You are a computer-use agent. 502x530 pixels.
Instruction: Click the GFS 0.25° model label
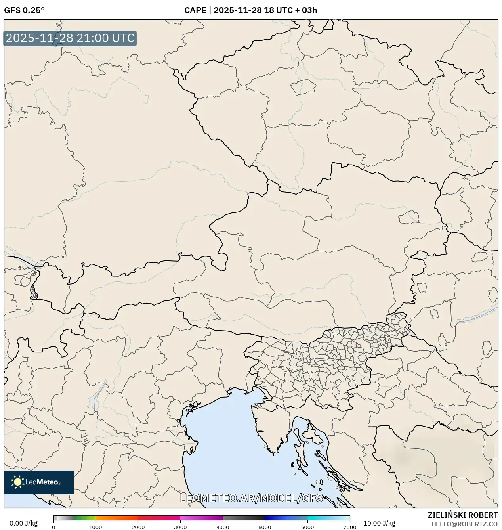24,10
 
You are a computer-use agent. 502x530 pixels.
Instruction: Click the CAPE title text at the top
250,10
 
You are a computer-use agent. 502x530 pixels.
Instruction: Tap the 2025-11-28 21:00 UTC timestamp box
70,38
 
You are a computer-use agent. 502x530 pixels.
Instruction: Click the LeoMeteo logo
39,482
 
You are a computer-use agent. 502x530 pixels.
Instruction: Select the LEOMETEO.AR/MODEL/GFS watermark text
251,498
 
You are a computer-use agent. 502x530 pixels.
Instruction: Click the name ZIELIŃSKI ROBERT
462,515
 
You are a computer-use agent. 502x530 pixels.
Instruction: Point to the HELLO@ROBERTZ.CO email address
464,524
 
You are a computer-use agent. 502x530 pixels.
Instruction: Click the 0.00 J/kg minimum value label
23,523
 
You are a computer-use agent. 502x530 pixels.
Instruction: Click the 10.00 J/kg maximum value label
379,523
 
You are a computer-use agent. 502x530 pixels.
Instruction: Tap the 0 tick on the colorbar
53,527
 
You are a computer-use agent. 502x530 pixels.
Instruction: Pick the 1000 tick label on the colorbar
95,527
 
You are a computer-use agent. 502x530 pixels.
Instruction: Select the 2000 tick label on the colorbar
138,527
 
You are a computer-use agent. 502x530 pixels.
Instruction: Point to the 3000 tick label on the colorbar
180,527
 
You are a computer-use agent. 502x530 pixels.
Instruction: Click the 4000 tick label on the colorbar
223,527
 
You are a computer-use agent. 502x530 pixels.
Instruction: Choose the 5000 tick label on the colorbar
265,527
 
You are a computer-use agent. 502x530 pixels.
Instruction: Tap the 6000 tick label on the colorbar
307,527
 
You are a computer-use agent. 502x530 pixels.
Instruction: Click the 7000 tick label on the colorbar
349,527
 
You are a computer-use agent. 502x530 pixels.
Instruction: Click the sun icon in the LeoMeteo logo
17,482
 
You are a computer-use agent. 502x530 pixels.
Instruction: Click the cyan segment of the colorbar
321,518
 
